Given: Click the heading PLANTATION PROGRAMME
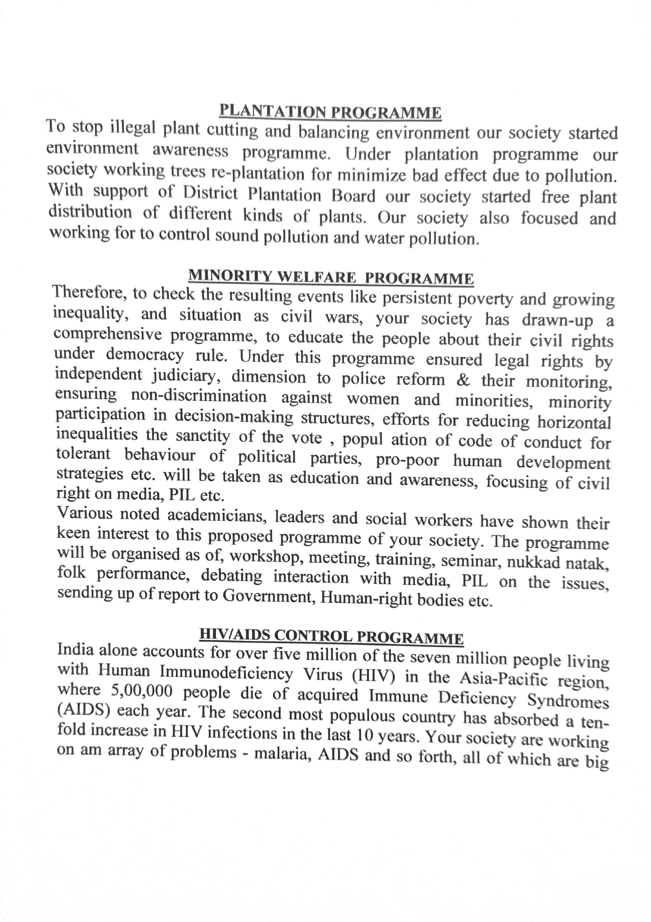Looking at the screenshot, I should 330,112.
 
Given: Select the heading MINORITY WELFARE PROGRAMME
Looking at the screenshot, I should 331,276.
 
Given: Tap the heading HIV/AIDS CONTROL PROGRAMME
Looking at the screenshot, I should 331,636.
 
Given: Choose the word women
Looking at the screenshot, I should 373,399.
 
